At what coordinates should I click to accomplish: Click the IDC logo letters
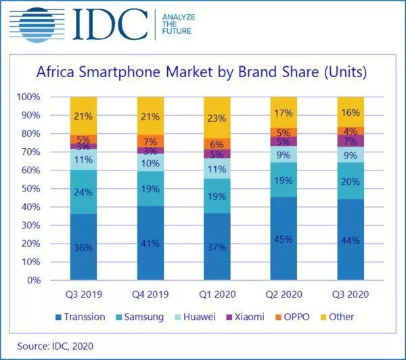point(108,24)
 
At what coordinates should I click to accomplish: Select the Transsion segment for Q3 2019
point(83,247)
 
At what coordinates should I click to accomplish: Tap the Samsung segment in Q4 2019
point(150,189)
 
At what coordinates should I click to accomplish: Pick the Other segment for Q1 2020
point(217,118)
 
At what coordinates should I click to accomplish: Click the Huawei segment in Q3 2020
point(351,154)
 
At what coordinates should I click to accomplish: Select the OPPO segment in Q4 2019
point(150,140)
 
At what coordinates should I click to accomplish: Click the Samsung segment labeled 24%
point(83,192)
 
